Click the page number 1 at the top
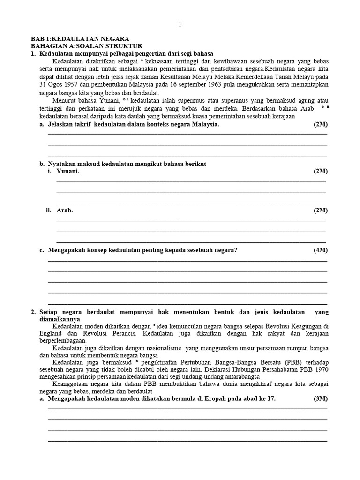coord(180,24)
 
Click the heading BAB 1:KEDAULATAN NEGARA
coord(80,39)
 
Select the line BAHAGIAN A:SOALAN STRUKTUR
coord(83,46)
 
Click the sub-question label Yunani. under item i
coord(68,172)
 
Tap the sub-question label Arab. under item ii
coord(65,210)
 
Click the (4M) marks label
coord(321,250)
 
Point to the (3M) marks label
coord(321,399)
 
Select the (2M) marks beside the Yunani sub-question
coord(321,172)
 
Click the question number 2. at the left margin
coord(33,312)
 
